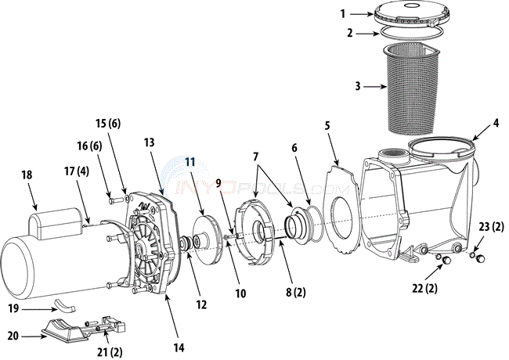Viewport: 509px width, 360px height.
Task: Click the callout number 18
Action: (x=27, y=175)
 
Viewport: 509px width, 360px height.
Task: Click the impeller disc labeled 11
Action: (x=207, y=240)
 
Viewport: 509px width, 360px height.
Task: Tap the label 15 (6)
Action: (x=108, y=123)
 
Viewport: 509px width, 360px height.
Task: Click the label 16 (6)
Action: (x=89, y=146)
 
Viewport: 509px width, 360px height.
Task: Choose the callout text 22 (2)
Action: (x=424, y=288)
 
